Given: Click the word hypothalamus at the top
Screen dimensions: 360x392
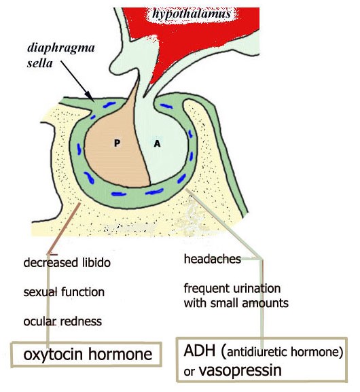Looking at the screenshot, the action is coord(192,14).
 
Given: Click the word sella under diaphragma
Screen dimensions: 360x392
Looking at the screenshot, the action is coord(39,63).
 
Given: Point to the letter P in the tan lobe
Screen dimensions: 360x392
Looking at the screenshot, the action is coord(117,143).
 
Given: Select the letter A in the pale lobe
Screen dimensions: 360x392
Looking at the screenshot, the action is coord(157,143).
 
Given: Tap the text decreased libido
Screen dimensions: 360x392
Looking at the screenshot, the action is coord(67,263).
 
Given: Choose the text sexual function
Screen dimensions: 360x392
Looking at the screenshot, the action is coord(64,292).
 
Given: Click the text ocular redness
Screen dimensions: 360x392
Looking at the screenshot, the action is coord(62,321).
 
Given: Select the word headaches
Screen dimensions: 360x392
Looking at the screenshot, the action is coord(213,259).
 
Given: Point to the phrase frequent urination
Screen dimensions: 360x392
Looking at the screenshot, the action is coord(232,288).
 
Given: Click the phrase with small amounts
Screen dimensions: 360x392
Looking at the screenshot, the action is coord(236,303).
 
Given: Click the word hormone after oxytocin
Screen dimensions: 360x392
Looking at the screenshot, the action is coord(120,354).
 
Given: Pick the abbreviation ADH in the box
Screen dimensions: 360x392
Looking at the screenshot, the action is coord(200,351).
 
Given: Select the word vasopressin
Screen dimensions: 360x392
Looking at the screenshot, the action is coord(240,370).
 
